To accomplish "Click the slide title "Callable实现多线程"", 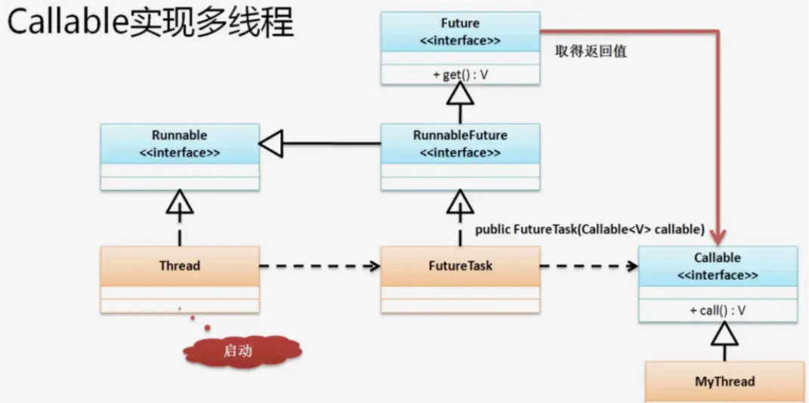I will click(150, 23).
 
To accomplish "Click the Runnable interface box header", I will click(180, 143).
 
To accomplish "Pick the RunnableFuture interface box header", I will click(460, 143).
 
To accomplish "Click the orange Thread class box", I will click(180, 266).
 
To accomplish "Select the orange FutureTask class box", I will click(460, 266).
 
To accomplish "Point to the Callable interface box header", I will click(718, 266).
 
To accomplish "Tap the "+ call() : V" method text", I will click(718, 310).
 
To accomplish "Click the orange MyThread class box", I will click(724, 381).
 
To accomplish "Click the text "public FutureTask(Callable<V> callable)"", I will click(589, 229).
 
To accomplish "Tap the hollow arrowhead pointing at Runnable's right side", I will click(271, 143).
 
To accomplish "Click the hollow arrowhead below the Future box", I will click(460, 94).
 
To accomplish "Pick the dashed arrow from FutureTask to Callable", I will click(588, 266).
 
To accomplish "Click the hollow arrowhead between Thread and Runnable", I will click(180, 202).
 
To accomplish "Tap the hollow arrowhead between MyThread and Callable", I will click(724, 334).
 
